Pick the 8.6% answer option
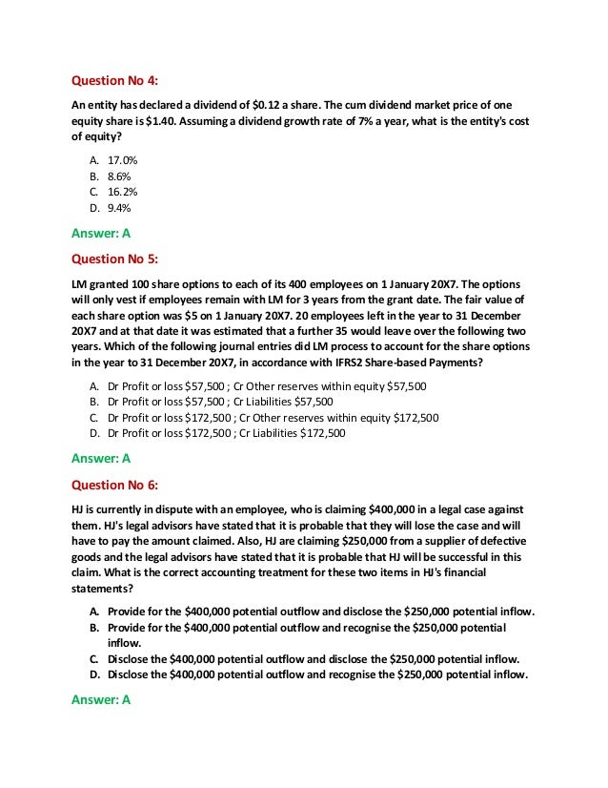pos(119,176)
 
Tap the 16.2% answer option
pos(122,192)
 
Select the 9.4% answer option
pos(119,207)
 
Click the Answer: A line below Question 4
pos(101,231)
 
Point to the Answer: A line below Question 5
pos(101,458)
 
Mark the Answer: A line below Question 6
pos(101,699)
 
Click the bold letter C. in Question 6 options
pos(95,659)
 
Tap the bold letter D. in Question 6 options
pos(95,674)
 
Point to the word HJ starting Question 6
pos(80,509)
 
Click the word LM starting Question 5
pos(81,283)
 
